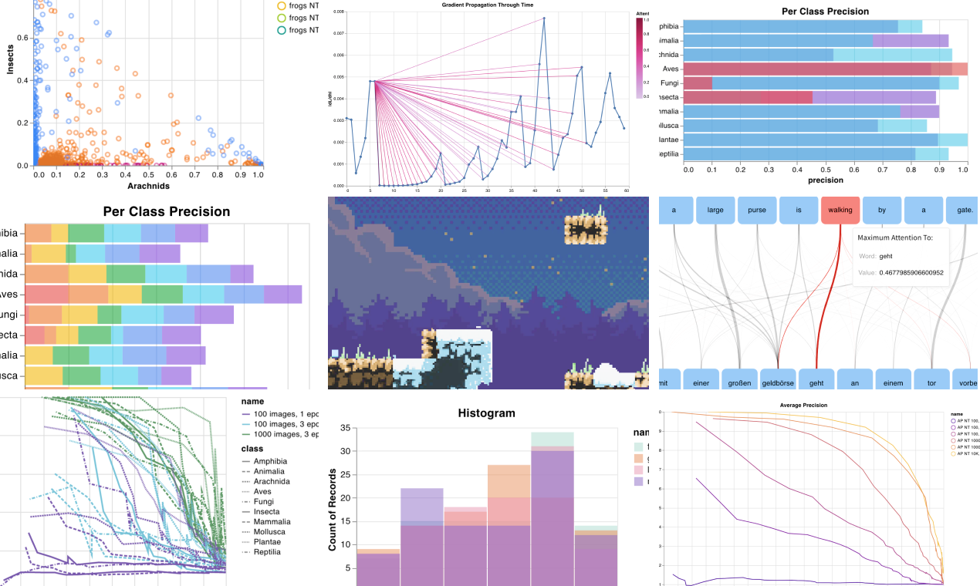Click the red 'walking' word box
tap(840, 210)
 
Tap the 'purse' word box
tap(757, 210)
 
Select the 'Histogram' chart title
tap(486, 413)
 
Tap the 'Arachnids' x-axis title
tap(148, 186)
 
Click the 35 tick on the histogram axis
tap(346, 428)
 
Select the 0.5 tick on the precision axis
tap(826, 169)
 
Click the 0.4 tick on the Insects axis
tap(22, 80)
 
